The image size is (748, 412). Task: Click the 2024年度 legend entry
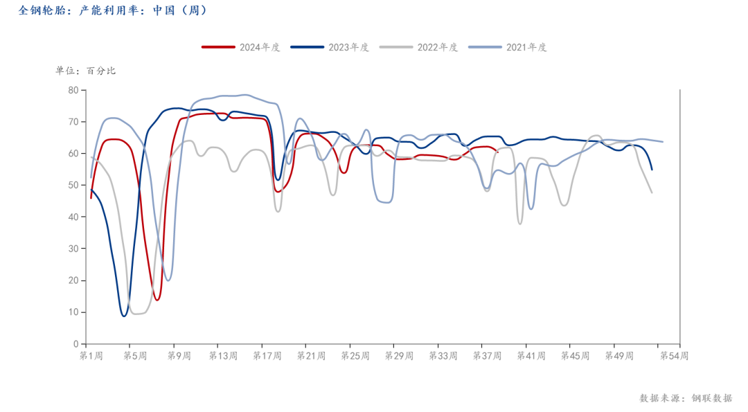tap(242, 47)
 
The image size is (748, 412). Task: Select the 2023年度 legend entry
tap(330, 47)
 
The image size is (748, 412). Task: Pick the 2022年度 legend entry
tap(420, 47)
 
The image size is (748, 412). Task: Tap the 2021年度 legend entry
tap(508, 47)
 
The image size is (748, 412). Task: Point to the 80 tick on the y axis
tap(73, 90)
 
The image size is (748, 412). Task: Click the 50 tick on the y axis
tap(73, 185)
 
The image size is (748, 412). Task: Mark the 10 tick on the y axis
tap(73, 312)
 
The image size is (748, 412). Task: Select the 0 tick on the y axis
tap(75, 343)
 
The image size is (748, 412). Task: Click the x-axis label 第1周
tap(91, 356)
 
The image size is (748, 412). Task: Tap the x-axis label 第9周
tap(179, 356)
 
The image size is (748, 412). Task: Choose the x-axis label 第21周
tap(311, 356)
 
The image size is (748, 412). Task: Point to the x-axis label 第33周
tap(443, 356)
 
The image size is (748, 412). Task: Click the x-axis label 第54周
tap(673, 356)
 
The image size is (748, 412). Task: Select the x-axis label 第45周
tap(575, 356)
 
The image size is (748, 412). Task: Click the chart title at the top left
tap(111, 10)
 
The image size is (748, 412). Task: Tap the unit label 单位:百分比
tap(86, 71)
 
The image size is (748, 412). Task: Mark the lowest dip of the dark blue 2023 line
tap(125, 316)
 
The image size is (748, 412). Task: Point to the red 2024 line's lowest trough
tap(157, 300)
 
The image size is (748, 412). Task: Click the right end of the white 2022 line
tap(652, 192)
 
